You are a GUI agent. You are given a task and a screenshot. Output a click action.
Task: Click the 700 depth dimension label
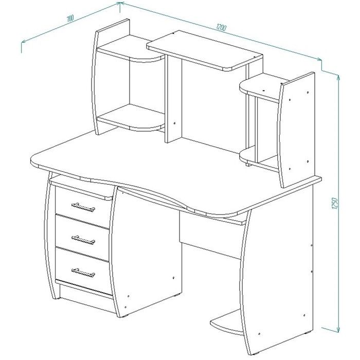pos(70,19)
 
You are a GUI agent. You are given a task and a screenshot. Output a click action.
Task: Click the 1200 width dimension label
pos(221,28)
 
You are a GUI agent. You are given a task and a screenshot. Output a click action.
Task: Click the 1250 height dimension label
pos(335,203)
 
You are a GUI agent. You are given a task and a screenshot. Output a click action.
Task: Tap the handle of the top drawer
pos(83,207)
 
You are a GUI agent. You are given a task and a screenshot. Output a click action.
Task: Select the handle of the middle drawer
pos(83,240)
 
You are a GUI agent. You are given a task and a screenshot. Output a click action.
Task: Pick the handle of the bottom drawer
pos(83,273)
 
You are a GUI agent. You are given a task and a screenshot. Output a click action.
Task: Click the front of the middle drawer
pos(82,238)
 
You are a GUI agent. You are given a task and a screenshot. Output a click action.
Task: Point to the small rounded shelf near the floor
pos(226,323)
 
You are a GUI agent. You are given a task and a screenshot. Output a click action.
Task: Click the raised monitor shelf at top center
pos(205,50)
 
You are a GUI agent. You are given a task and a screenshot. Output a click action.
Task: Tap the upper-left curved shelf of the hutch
pos(131,49)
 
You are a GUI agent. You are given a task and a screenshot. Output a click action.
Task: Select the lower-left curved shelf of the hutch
pos(131,118)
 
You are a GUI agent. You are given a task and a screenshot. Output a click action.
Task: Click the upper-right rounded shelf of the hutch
pos(261,88)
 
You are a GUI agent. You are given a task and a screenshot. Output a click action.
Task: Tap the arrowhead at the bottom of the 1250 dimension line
pos(338,330)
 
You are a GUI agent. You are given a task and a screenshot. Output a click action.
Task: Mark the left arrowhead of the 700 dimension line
pos(24,42)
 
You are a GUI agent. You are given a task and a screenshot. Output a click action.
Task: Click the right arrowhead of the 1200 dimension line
pos(319,60)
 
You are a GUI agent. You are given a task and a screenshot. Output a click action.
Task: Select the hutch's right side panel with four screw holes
pos(296,130)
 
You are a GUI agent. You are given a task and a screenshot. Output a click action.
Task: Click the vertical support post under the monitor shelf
pos(173,99)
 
